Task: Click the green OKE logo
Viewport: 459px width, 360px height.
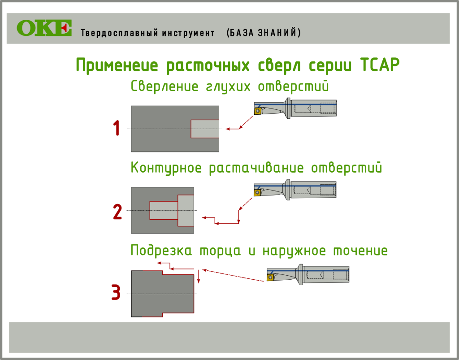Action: (44, 28)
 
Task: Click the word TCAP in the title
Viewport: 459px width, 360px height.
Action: (380, 65)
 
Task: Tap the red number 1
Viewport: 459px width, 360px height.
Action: (117, 128)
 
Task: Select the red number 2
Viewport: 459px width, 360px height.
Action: (117, 212)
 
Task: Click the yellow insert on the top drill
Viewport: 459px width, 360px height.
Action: (258, 111)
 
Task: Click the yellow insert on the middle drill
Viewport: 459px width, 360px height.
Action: (257, 192)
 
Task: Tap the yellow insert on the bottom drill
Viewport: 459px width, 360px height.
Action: (270, 277)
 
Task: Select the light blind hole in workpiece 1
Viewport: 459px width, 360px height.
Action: (205, 129)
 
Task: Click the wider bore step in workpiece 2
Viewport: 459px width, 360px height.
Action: (186, 210)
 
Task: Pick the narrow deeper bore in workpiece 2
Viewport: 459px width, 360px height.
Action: (164, 210)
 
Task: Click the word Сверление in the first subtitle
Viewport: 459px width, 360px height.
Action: (165, 87)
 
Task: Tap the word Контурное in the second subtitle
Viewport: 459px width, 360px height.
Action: (166, 168)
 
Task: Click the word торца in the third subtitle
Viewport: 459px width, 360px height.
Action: (221, 251)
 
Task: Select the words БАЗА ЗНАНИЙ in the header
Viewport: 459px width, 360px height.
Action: (264, 32)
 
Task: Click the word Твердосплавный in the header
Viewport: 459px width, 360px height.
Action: (120, 33)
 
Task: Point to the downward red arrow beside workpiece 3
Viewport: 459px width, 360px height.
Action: (199, 276)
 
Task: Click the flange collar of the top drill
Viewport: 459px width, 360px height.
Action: (288, 108)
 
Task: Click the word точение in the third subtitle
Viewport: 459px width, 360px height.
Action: (360, 251)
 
